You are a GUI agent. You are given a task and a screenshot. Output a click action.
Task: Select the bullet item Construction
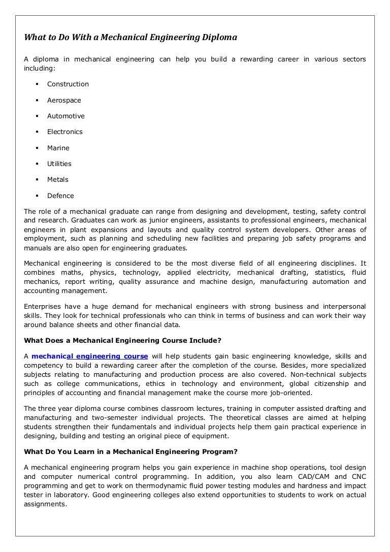click(x=68, y=84)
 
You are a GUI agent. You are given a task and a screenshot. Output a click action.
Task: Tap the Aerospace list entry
click(x=64, y=100)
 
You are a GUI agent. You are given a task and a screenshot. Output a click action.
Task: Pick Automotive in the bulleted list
click(x=66, y=116)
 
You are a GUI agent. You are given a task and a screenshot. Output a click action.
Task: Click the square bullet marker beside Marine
click(x=37, y=148)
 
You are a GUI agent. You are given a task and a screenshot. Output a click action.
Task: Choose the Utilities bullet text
click(x=59, y=164)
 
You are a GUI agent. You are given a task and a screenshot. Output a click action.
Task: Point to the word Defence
click(x=60, y=196)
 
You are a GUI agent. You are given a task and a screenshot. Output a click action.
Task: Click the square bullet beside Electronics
click(x=37, y=132)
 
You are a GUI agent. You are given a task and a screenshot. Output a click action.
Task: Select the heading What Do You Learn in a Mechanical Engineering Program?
click(x=131, y=451)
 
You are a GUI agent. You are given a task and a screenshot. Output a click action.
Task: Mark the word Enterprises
click(x=43, y=306)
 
